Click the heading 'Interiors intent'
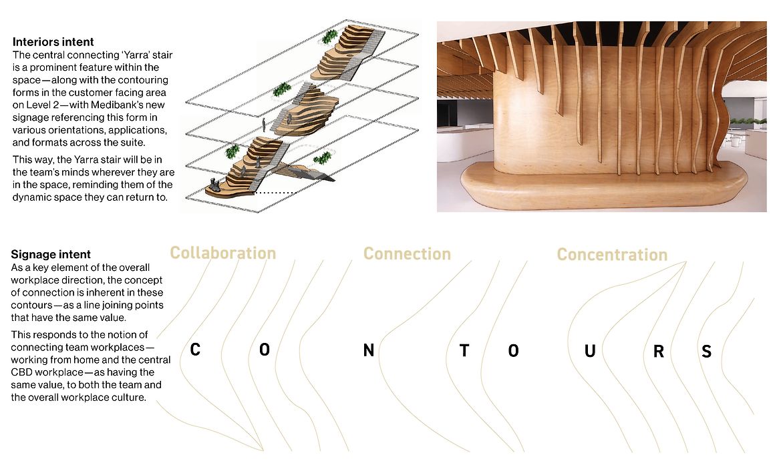(x=53, y=42)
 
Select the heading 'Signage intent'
(x=51, y=254)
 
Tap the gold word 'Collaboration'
(x=222, y=254)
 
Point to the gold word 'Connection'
(x=407, y=254)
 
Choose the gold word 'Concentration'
(x=612, y=255)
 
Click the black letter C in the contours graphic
(x=195, y=350)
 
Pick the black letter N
(x=368, y=351)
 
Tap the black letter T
(x=464, y=351)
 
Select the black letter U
(x=590, y=351)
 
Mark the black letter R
(x=658, y=352)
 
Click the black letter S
(x=707, y=352)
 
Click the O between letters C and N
(x=265, y=350)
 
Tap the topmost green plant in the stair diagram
(x=329, y=37)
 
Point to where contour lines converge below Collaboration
(x=263, y=448)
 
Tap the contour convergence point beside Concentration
(x=685, y=263)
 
